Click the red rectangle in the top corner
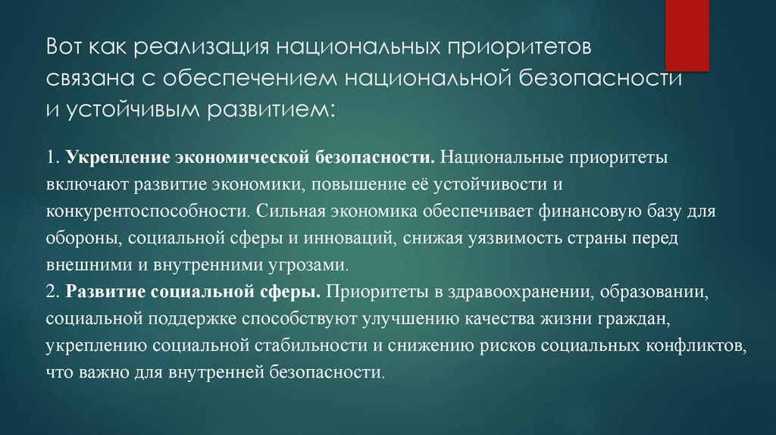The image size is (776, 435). pyautogui.click(x=693, y=34)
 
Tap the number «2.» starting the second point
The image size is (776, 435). pyautogui.click(x=52, y=293)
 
